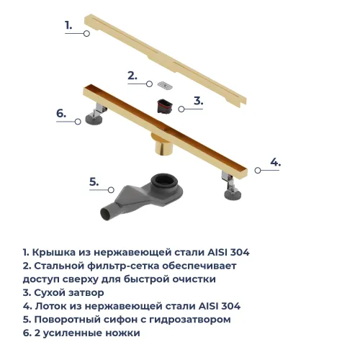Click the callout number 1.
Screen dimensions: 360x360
[68, 25]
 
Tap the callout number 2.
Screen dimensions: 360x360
[132, 75]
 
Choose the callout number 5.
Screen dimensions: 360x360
[94, 181]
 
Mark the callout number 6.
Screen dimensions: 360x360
[61, 113]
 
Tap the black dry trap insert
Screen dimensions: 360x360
[164, 107]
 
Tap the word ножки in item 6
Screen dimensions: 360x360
[123, 333]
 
